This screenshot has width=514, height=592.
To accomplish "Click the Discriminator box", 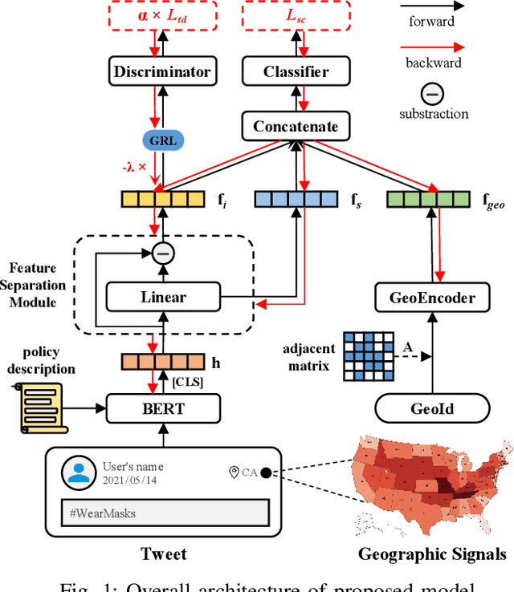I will pyautogui.click(x=162, y=72).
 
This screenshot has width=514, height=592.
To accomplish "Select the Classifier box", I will pyautogui.click(x=296, y=72).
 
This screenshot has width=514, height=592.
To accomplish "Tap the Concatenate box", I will pyautogui.click(x=296, y=126).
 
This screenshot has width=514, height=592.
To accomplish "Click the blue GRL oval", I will pyautogui.click(x=162, y=141).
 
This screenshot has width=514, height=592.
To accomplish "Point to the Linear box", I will pyautogui.click(x=163, y=297).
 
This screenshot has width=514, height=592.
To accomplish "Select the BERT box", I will pyautogui.click(x=163, y=409).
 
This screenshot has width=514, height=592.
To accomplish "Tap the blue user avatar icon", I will pyautogui.click(x=78, y=472).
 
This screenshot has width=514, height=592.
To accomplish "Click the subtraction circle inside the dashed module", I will pyautogui.click(x=163, y=254).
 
